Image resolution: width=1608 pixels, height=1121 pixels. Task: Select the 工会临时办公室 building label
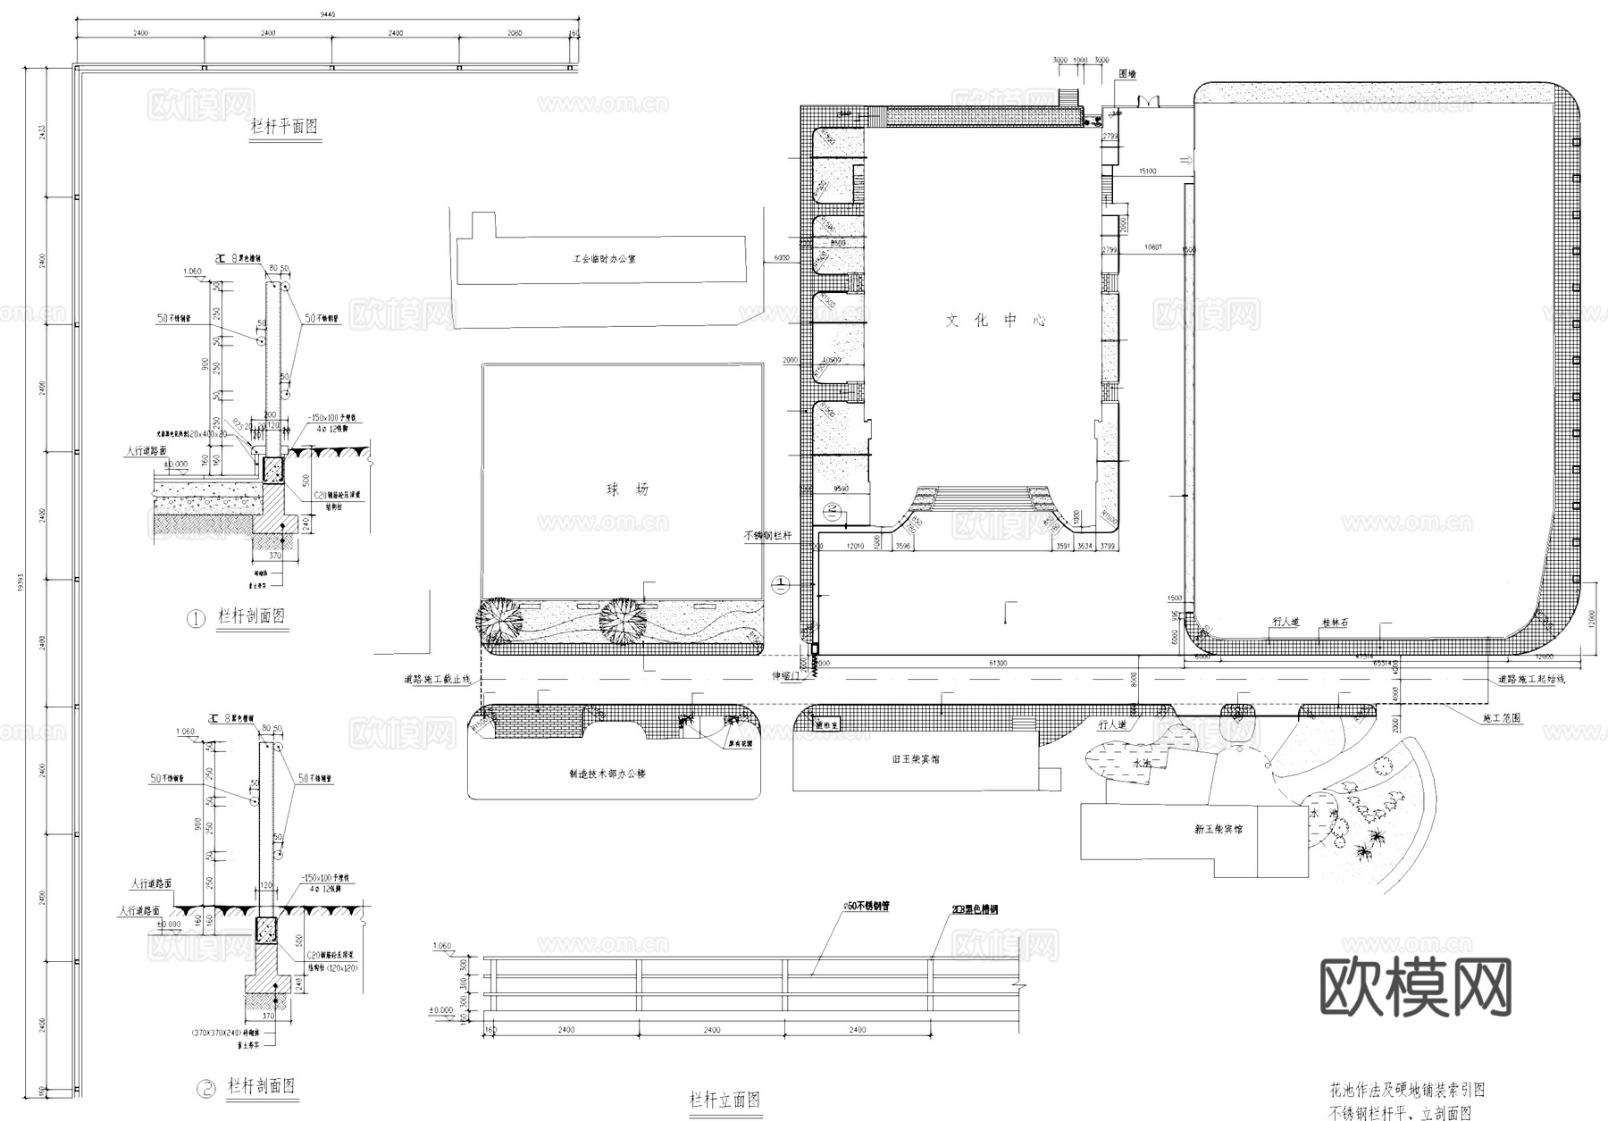coord(604,259)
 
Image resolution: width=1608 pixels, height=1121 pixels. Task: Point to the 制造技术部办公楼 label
coord(607,774)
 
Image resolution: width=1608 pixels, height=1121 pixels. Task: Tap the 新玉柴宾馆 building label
coord(1219,829)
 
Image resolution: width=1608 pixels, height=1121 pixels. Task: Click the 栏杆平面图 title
coord(283,127)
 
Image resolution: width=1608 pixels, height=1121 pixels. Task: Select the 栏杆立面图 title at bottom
coord(724,1100)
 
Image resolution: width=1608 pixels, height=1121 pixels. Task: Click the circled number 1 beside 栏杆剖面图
coord(196,618)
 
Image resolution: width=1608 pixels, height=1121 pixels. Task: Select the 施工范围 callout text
coord(1501,717)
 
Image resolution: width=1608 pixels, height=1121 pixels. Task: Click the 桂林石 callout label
coord(1335,621)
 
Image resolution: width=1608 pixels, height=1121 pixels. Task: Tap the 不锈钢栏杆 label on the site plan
coord(767,536)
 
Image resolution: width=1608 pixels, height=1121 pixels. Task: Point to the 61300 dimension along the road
coord(998,664)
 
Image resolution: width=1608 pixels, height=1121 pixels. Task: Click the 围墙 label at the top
coord(1127,75)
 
